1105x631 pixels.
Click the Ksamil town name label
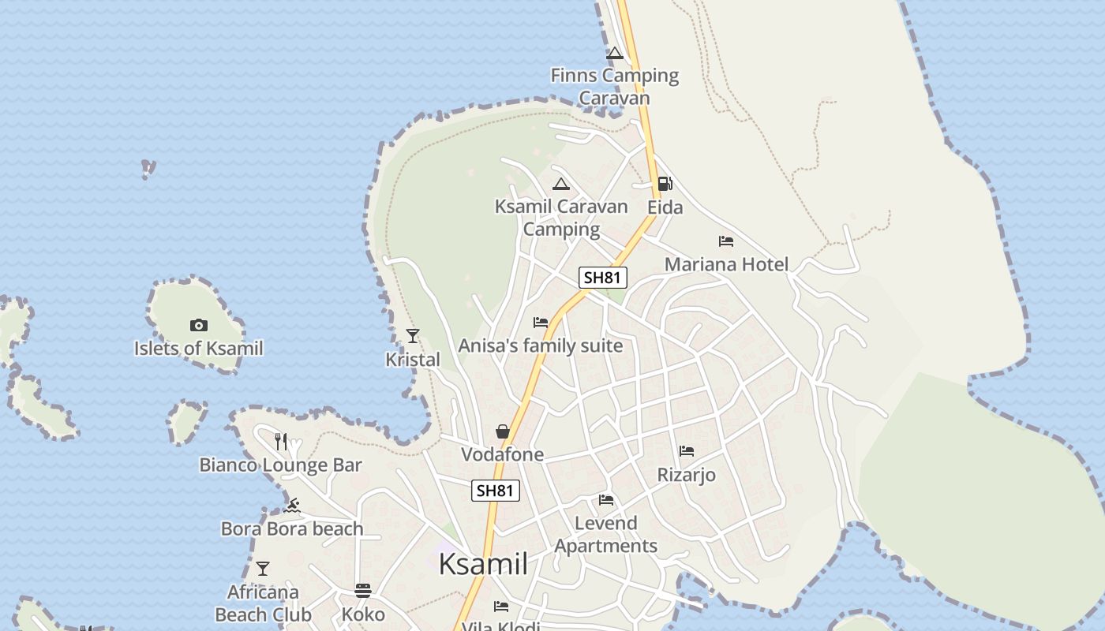483,565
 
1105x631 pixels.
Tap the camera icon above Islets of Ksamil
198,325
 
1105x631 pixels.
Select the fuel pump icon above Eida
665,184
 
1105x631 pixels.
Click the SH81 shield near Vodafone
496,490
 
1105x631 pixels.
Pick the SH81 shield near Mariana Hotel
603,277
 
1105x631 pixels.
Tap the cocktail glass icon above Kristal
412,336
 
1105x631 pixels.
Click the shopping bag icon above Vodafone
502,431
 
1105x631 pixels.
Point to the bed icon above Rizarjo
687,451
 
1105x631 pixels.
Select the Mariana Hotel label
726,264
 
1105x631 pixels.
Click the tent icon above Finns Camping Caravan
614,54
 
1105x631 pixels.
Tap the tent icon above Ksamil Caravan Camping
561,185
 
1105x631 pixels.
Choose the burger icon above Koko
363,590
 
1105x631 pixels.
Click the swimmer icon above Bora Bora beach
292,505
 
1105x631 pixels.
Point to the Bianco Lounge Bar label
280,465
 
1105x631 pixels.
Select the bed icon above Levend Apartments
605,500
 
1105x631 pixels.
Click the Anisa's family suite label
541,345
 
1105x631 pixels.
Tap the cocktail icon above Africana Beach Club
262,569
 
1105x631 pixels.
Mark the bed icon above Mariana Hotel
726,241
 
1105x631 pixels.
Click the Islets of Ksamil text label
198,348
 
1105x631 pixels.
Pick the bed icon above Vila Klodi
501,607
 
